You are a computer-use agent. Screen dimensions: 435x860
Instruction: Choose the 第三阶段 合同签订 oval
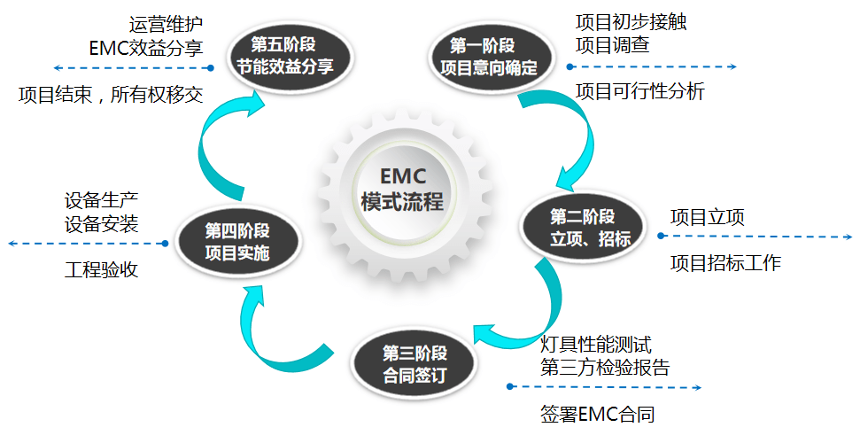(x=415, y=362)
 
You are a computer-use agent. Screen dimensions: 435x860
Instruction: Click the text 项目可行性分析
(x=639, y=90)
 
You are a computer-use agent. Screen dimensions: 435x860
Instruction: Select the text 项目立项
(x=707, y=217)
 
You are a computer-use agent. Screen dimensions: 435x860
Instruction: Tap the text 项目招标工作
(x=725, y=262)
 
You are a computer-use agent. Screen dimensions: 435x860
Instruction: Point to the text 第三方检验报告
(x=605, y=367)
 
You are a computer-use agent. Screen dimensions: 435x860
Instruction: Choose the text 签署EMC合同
(x=597, y=414)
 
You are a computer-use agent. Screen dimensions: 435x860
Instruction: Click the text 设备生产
(x=102, y=200)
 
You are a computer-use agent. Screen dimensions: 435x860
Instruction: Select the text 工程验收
(x=102, y=269)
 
